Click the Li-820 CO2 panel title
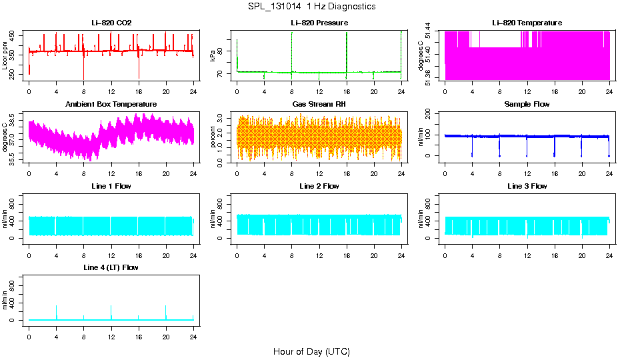(x=111, y=23)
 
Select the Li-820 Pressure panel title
(x=319, y=23)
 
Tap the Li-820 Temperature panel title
(x=527, y=23)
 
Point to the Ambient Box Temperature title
(x=111, y=105)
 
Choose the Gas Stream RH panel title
(x=319, y=105)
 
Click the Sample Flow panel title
(x=527, y=105)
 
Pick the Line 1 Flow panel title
(x=111, y=186)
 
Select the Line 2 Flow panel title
(x=319, y=186)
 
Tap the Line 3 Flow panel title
(x=527, y=186)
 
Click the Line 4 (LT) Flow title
(x=111, y=267)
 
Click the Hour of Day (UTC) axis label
(x=311, y=351)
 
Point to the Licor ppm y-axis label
(x=5, y=56)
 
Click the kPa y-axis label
(x=213, y=56)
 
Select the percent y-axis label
(x=213, y=137)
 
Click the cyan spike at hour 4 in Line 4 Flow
(x=56, y=311)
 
